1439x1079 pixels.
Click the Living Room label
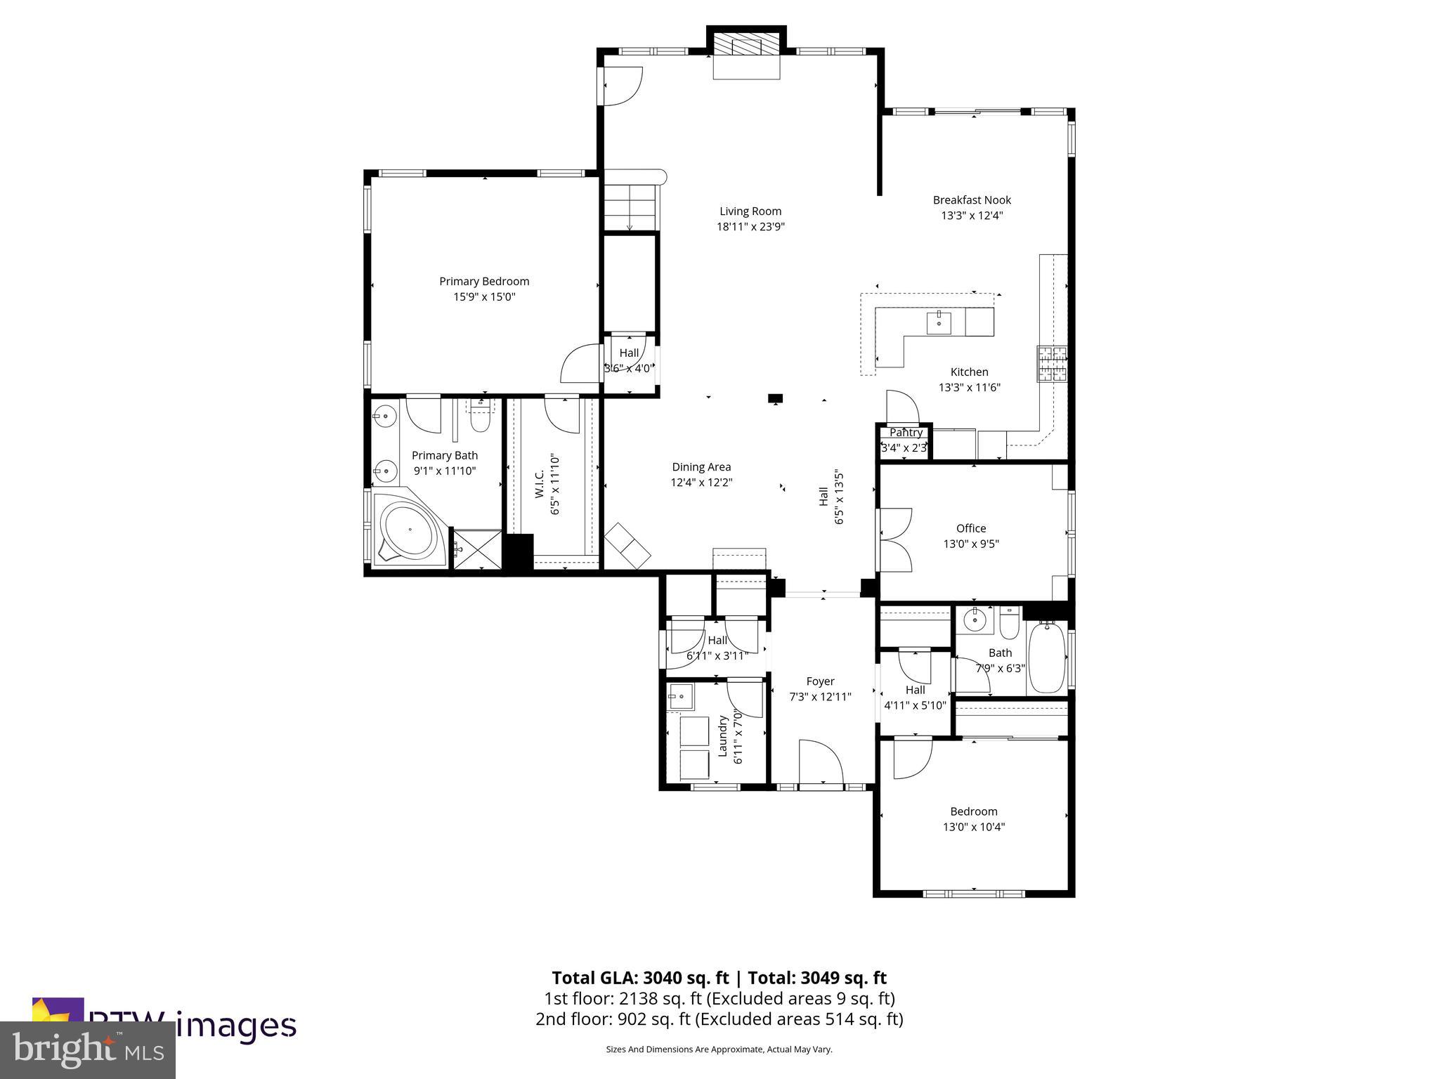pyautogui.click(x=750, y=211)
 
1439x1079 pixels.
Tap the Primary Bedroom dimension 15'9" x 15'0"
pyautogui.click(x=484, y=296)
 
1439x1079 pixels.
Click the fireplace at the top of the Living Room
pyautogui.click(x=746, y=53)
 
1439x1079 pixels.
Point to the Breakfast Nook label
pyautogui.click(x=972, y=200)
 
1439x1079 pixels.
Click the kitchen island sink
pyautogui.click(x=939, y=324)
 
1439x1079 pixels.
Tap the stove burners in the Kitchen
pyautogui.click(x=1052, y=365)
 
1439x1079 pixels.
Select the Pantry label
pyautogui.click(x=906, y=433)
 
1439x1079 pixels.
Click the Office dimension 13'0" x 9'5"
pyautogui.click(x=970, y=544)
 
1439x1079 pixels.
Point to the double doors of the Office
pyautogui.click(x=894, y=539)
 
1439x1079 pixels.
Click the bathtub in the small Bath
pyautogui.click(x=1047, y=658)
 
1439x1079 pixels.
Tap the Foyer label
pyautogui.click(x=820, y=681)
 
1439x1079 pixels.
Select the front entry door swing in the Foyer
pyautogui.click(x=821, y=761)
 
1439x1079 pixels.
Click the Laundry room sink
pyautogui.click(x=680, y=698)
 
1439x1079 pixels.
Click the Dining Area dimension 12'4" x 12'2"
pyautogui.click(x=701, y=483)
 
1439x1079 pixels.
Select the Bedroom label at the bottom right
pyautogui.click(x=973, y=811)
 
